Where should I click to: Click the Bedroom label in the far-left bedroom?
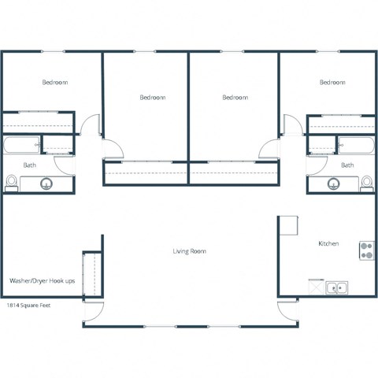(54, 82)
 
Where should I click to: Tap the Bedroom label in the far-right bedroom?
(332, 82)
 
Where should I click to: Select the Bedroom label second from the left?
(152, 97)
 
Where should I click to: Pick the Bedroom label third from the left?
(235, 97)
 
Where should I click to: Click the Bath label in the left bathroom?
(29, 165)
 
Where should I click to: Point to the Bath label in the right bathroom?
(347, 165)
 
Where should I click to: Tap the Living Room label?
(189, 251)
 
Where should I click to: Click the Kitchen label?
(328, 244)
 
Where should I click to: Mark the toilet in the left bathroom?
(11, 183)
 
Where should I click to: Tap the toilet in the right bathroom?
(366, 183)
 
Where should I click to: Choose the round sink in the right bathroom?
(332, 184)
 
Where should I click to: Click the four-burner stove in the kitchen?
(366, 250)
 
